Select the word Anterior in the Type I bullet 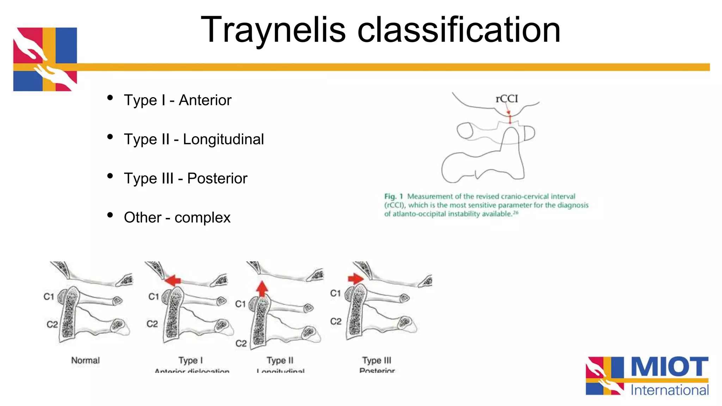click(205, 100)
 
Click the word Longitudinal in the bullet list click(223, 139)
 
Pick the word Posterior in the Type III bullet click(217, 179)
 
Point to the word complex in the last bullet click(202, 218)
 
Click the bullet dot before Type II click(110, 137)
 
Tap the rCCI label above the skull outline click(507, 99)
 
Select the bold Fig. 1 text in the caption click(393, 196)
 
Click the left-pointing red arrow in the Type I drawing click(173, 280)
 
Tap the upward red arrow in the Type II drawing click(262, 289)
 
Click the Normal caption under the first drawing click(85, 360)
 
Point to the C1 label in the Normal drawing click(49, 297)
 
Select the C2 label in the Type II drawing click(241, 343)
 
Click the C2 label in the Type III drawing click(336, 321)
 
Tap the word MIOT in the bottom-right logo click(669, 367)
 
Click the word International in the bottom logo click(669, 390)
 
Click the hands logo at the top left click(45, 59)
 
